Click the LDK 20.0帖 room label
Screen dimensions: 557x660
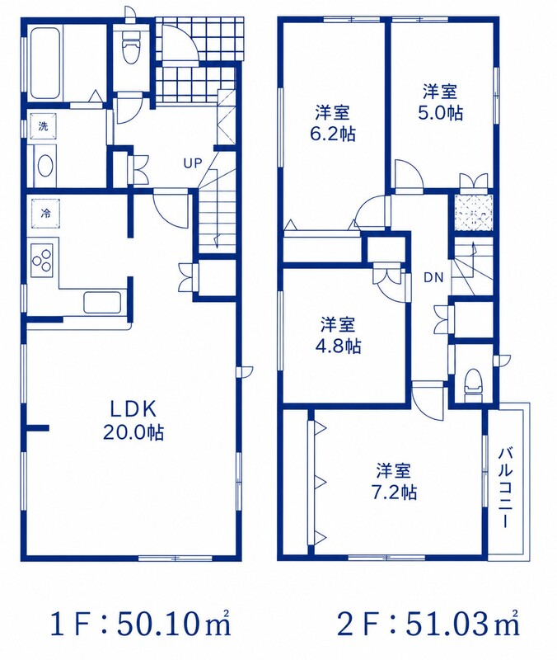(133, 420)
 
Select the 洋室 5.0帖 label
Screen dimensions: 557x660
(440, 101)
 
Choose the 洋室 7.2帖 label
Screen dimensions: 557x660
(394, 481)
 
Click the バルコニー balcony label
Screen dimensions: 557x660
(505, 488)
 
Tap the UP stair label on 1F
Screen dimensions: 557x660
(193, 163)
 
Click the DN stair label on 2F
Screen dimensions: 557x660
(433, 277)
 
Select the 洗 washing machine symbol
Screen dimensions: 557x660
(44, 126)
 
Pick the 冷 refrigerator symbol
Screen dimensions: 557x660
(45, 213)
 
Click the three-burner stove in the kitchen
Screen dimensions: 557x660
(41, 257)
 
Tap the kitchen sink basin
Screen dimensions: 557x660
(102, 302)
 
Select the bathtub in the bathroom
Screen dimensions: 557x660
(44, 64)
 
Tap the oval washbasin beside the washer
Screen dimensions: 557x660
(44, 167)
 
